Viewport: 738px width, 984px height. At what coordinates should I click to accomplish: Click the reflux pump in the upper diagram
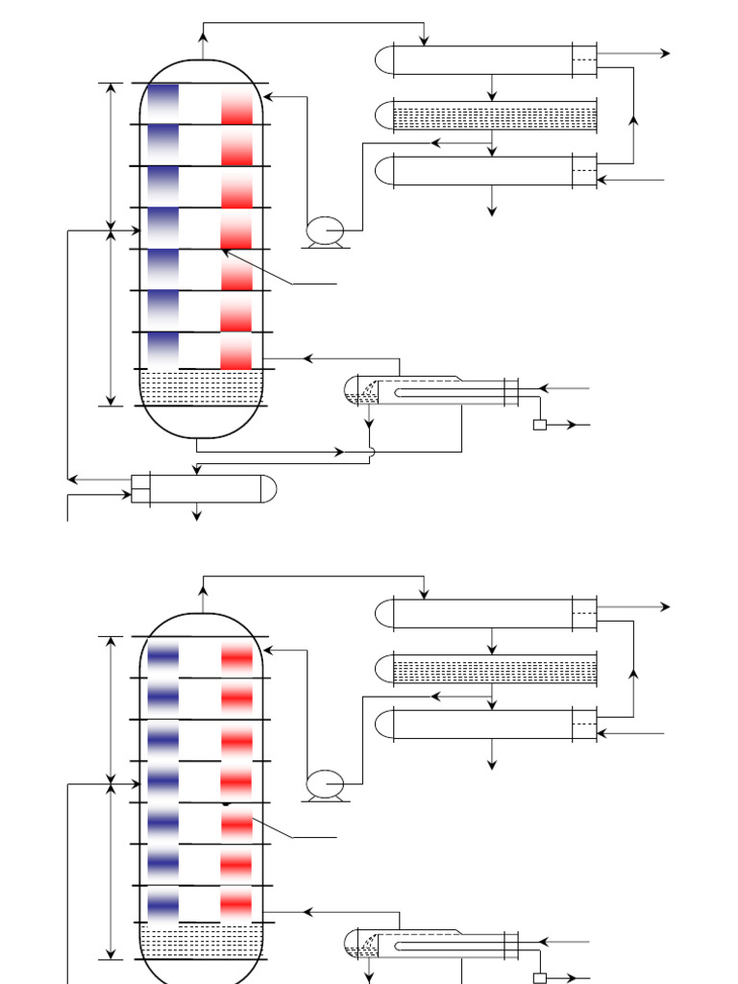[325, 231]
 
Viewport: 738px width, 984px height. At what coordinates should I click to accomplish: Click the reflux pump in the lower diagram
[325, 784]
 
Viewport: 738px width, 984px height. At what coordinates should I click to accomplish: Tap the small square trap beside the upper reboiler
[540, 425]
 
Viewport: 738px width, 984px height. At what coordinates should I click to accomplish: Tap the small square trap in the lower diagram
[540, 978]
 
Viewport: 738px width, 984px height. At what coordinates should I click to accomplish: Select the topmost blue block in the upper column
[163, 104]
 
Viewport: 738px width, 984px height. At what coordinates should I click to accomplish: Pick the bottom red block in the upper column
[236, 352]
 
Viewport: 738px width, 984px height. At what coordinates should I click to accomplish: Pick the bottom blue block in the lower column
[163, 904]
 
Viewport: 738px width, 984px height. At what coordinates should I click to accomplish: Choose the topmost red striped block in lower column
[236, 658]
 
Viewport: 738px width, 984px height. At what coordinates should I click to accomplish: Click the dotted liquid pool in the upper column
[201, 387]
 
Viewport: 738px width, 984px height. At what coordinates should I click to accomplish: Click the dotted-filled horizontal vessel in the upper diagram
[494, 117]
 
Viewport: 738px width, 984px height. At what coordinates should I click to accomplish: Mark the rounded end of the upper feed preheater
[268, 489]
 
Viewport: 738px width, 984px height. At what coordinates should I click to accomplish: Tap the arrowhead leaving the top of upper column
[203, 36]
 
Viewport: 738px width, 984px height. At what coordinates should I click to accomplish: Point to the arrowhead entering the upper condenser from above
[424, 40]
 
